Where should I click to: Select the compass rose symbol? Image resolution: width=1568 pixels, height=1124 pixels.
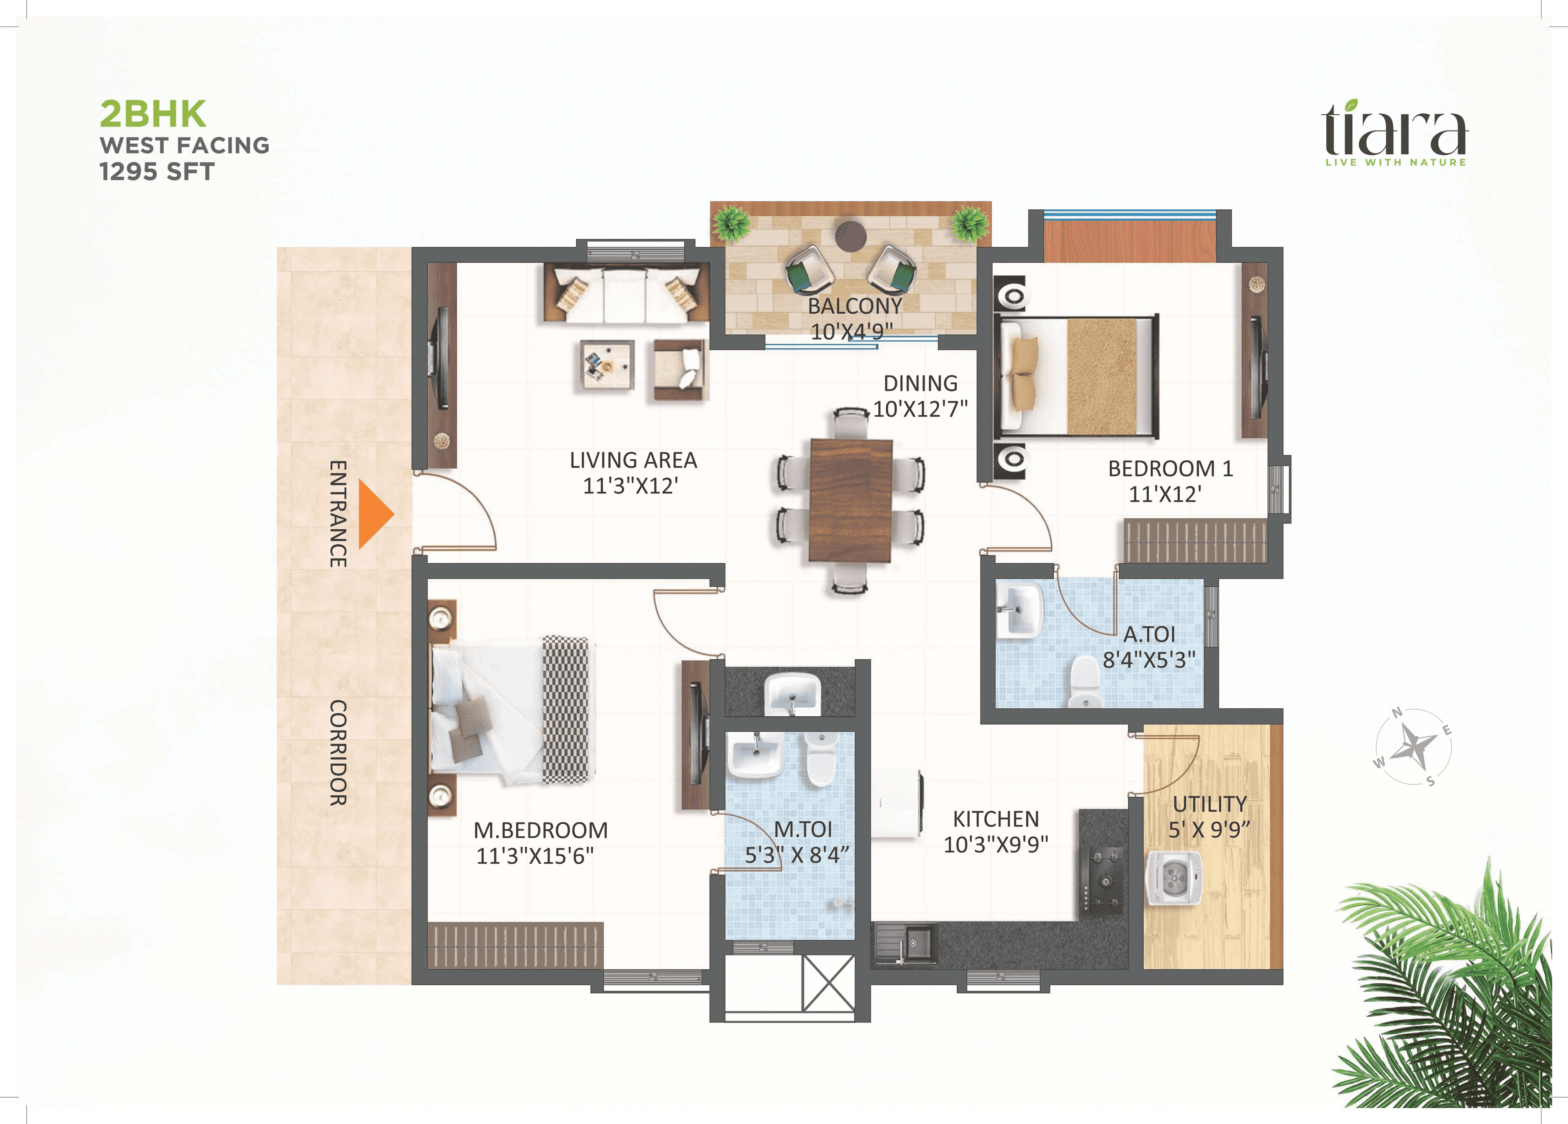coord(1412,747)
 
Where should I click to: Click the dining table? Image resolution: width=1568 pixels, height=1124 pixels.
coord(851,500)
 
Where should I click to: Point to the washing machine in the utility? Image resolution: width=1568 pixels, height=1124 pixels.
coord(1173,878)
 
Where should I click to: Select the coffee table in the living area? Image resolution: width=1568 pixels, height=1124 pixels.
coord(607,365)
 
